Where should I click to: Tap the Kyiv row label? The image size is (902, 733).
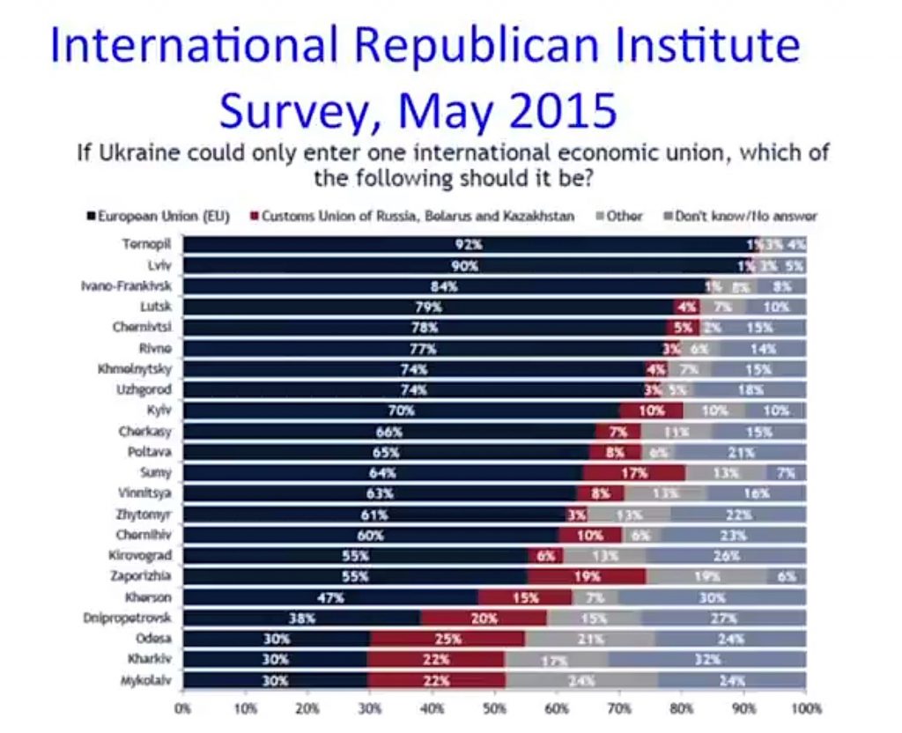(158, 411)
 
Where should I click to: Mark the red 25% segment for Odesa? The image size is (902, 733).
(447, 639)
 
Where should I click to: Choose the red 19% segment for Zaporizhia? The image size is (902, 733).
(588, 576)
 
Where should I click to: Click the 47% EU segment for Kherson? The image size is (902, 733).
(332, 597)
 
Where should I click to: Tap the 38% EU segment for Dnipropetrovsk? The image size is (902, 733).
(302, 618)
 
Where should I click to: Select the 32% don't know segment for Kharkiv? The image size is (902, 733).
(706, 659)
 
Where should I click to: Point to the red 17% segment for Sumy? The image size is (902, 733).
(633, 472)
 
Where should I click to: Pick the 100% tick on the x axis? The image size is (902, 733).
(805, 707)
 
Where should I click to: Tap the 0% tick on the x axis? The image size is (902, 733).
(184, 707)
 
